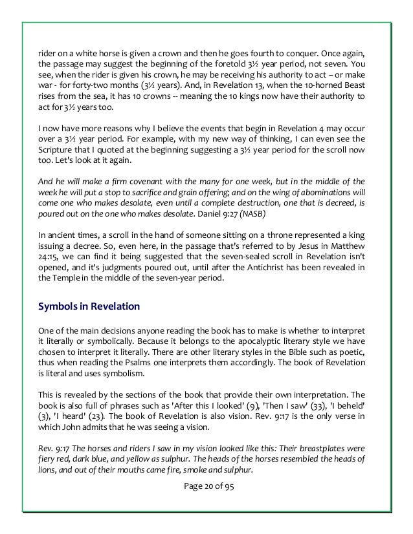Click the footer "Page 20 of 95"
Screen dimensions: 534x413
(x=206, y=487)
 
